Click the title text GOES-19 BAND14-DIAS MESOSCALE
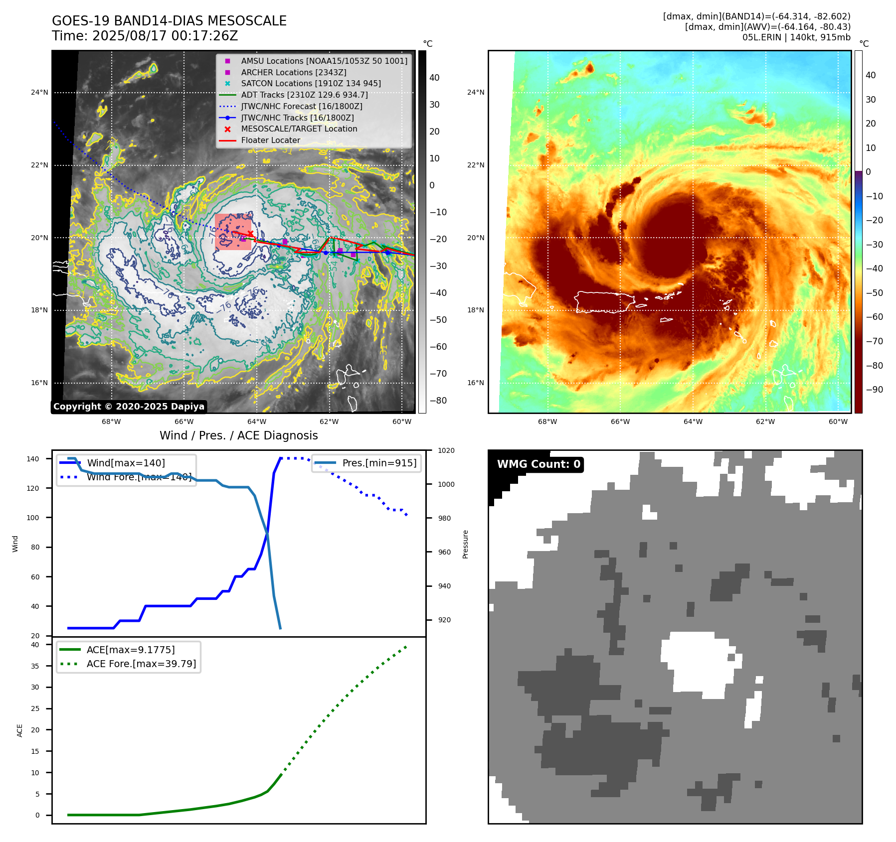(x=169, y=21)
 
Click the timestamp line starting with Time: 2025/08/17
(x=145, y=36)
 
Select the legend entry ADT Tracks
(x=304, y=95)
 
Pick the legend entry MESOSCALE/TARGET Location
(x=299, y=129)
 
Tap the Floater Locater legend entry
(x=270, y=140)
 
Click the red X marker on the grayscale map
(x=250, y=234)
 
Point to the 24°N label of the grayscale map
(x=40, y=92)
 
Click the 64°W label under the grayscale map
(x=257, y=421)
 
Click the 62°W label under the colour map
(x=765, y=421)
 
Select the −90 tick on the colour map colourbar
(x=874, y=390)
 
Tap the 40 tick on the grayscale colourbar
(x=434, y=78)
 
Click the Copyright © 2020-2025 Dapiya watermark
(x=129, y=407)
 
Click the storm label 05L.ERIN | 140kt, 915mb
(x=796, y=37)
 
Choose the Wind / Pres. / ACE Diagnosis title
(x=238, y=435)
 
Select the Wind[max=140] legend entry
(x=126, y=463)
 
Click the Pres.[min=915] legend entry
(x=379, y=463)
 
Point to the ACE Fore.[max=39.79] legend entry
(x=141, y=664)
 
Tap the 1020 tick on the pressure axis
(x=446, y=450)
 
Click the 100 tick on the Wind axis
(x=33, y=518)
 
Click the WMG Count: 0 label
(x=538, y=464)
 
